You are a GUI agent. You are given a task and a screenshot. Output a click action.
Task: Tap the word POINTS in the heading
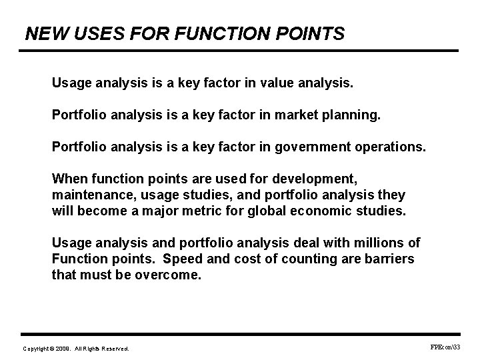click(311, 33)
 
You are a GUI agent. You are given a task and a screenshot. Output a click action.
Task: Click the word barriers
click(389, 259)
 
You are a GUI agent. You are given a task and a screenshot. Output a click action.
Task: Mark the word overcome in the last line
click(171, 273)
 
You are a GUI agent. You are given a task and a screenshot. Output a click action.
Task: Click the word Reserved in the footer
click(115, 349)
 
